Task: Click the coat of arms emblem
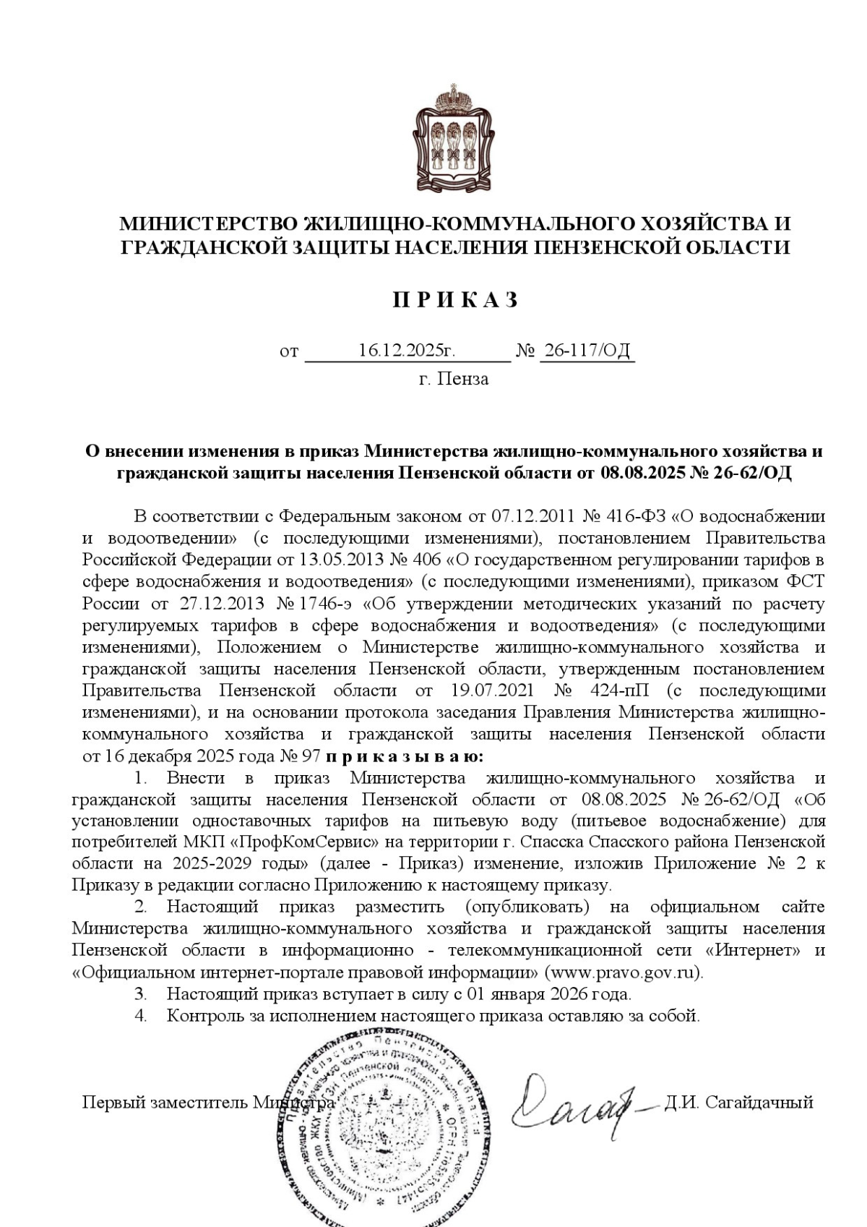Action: pyautogui.click(x=454, y=138)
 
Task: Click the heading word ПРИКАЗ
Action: pyautogui.click(x=455, y=300)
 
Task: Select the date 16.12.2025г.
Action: pyautogui.click(x=407, y=351)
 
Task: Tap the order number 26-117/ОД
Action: pyautogui.click(x=587, y=351)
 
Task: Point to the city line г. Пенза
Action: pyautogui.click(x=454, y=379)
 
